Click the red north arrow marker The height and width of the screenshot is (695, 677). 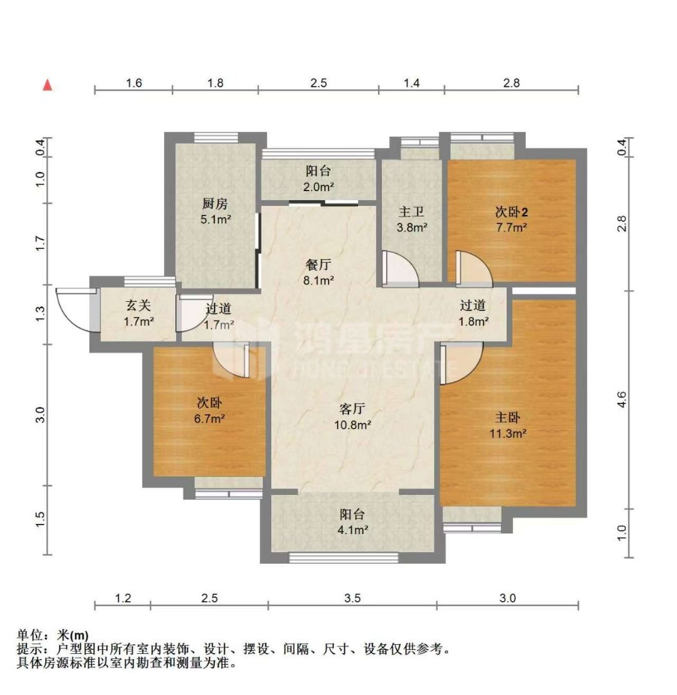(48, 85)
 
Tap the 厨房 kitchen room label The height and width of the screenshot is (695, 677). (215, 203)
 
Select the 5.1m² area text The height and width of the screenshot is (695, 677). (215, 219)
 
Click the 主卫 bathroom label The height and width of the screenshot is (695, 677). (411, 212)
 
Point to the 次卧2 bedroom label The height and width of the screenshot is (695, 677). (511, 212)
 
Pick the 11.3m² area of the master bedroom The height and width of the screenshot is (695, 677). (508, 433)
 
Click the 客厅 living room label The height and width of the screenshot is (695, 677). (352, 409)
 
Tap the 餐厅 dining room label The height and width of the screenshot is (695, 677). (318, 264)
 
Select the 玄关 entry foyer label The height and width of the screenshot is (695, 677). (139, 306)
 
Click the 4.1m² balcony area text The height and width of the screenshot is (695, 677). (352, 530)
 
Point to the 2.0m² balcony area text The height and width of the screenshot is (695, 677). (318, 187)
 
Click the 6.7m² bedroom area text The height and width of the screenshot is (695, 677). (210, 418)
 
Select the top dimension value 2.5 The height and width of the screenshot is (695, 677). (318, 83)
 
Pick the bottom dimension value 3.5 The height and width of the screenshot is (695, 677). (352, 598)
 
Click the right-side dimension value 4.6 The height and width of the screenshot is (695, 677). (622, 400)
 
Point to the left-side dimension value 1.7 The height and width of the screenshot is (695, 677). (41, 244)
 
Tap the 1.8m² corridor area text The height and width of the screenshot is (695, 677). (473, 321)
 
